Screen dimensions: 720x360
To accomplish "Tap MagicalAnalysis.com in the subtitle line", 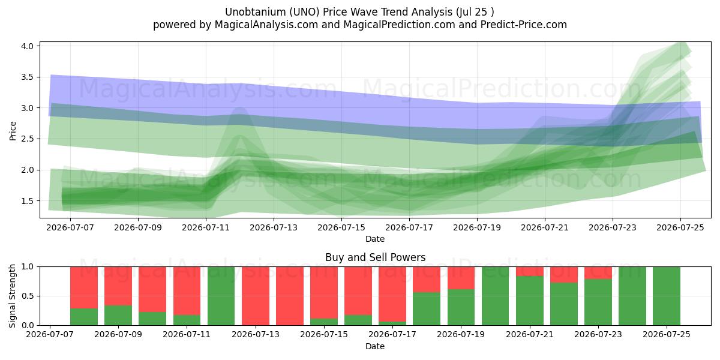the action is point(266,25).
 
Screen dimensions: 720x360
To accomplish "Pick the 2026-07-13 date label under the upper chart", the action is point(274,227).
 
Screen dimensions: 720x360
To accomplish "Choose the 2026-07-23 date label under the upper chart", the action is point(613,227).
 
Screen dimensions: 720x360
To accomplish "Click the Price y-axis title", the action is point(13,131).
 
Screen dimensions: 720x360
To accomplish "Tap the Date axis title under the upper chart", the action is point(375,239).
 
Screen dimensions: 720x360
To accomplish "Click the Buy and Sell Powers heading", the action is point(375,257).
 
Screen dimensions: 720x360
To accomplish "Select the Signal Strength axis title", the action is point(12,296).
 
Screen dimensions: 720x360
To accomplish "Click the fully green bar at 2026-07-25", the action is point(667,296).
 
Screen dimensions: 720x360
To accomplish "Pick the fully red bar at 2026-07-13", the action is point(256,296).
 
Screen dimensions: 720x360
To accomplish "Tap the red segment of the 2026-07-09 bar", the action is point(118,286).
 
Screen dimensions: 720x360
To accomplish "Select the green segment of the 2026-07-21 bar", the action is point(530,301).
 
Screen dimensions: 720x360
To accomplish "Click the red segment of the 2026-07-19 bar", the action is point(461,278).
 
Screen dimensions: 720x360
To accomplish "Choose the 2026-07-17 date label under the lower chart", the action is point(392,335).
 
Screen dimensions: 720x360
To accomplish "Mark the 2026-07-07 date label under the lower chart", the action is point(50,335).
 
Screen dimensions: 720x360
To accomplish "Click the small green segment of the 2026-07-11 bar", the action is point(187,320).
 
